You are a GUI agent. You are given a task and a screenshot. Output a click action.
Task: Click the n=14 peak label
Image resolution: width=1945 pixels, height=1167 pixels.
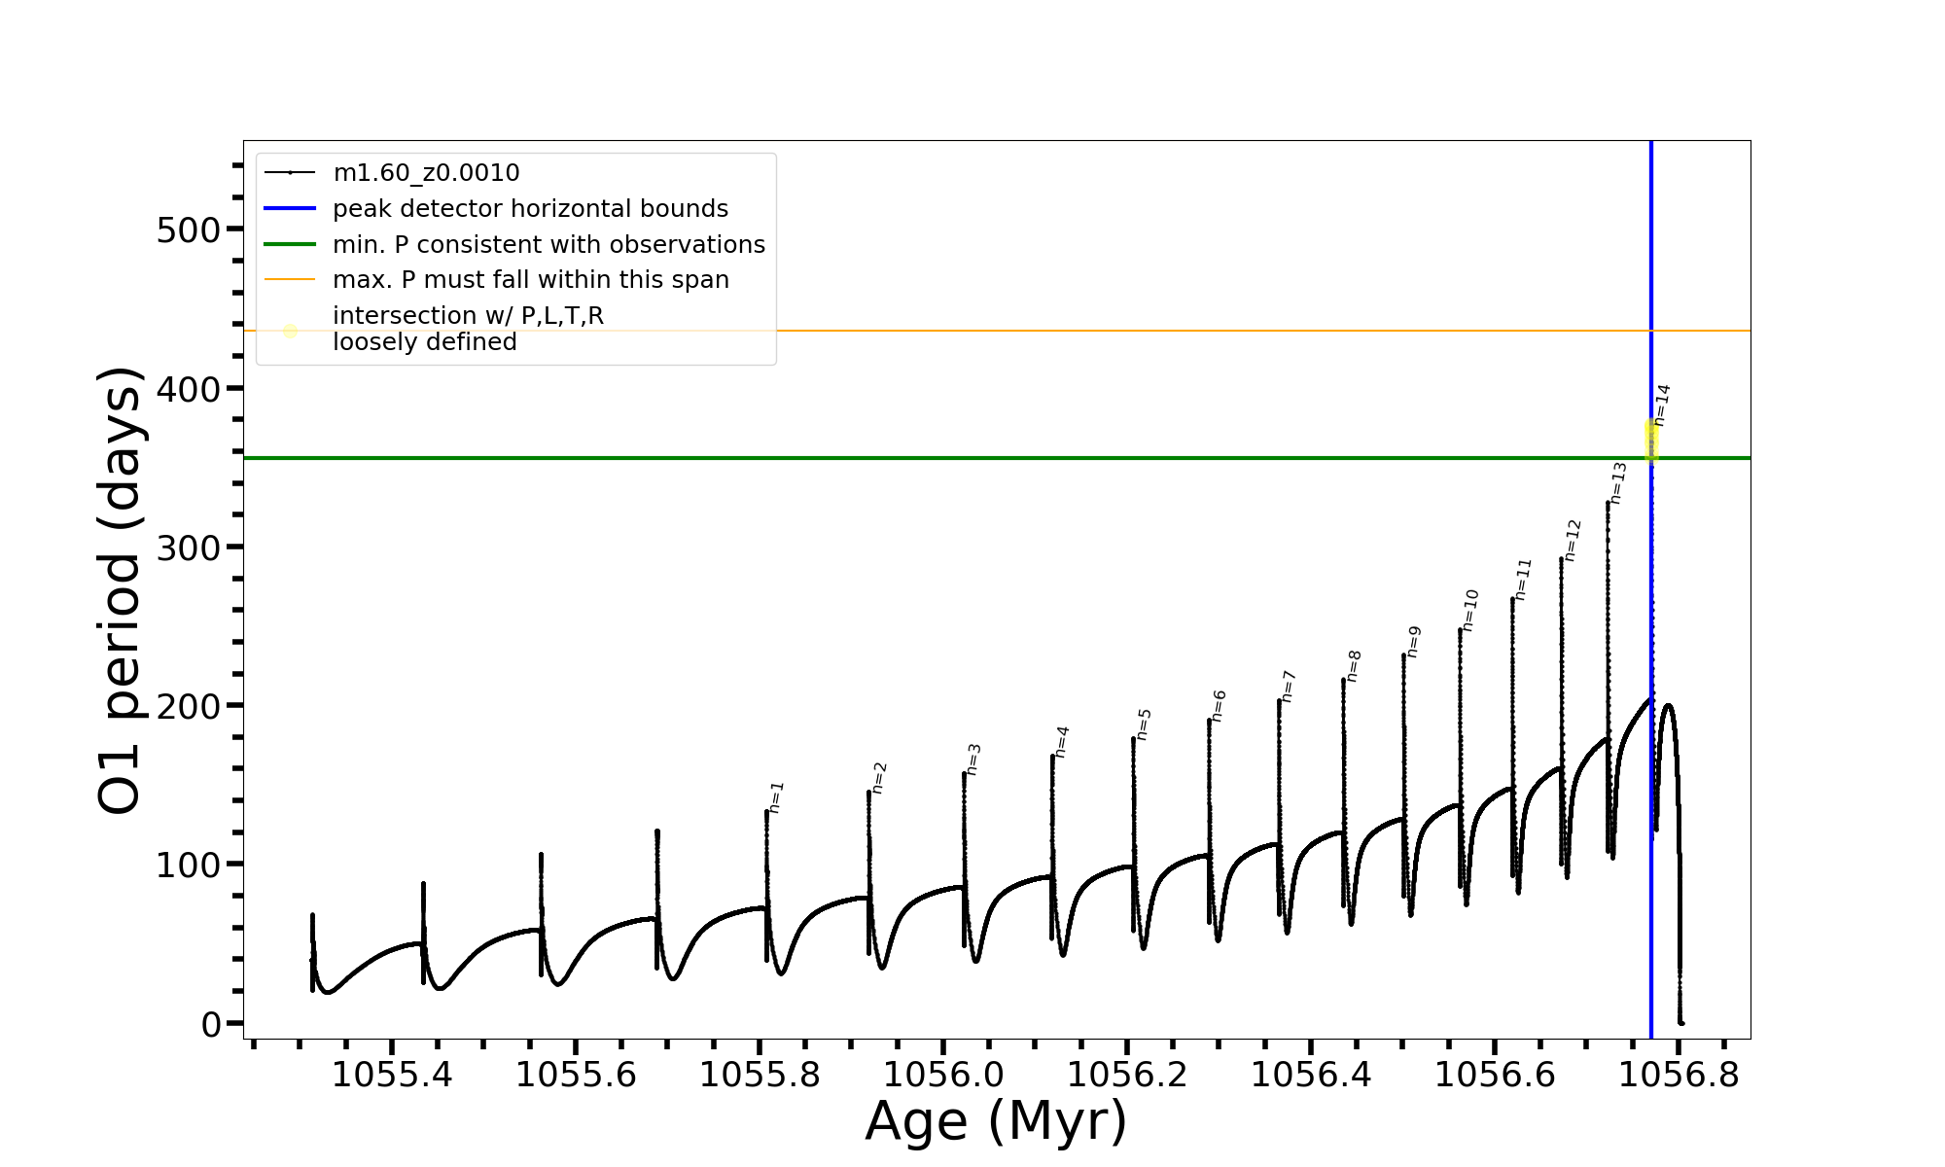pos(1662,405)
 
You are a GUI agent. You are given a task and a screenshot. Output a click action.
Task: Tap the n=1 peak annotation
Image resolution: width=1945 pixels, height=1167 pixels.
pos(775,796)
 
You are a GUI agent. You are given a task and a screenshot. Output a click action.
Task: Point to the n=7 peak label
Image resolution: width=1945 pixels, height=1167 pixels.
pos(1288,686)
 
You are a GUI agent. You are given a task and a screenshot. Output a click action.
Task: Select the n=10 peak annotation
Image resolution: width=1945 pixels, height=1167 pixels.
pos(1469,610)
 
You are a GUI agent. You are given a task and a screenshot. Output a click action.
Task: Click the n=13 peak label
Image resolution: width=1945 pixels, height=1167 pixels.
pos(1617,482)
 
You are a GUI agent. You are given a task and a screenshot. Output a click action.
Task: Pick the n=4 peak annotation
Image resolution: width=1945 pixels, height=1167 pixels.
pos(1061,741)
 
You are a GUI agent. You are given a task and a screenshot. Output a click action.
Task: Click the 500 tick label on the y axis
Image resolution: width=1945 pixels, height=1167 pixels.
pos(189,230)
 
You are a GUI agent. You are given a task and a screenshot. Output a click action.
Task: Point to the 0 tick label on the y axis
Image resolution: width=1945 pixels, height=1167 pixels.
pos(212,1024)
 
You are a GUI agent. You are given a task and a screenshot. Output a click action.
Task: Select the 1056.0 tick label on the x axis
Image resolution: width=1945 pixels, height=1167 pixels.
pos(944,1076)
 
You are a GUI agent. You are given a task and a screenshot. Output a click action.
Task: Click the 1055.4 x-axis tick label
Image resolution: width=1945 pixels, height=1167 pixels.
pos(392,1076)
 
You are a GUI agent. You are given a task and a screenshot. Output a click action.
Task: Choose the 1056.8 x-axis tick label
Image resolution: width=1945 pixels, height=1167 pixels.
pos(1680,1076)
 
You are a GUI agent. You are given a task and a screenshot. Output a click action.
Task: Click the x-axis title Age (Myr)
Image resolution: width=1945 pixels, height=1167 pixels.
pos(996,1121)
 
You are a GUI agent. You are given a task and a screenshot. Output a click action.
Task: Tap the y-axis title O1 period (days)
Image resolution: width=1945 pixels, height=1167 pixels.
pos(121,590)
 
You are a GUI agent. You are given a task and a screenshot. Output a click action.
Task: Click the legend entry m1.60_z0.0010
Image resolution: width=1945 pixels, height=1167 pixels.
pos(426,173)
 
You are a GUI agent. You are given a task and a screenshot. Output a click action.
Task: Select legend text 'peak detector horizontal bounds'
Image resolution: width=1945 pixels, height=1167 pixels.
pos(530,209)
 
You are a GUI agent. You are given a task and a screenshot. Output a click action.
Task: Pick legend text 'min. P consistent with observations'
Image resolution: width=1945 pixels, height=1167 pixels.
pos(548,245)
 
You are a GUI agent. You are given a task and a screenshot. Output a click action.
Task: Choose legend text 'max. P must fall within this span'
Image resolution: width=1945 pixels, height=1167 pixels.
pos(530,280)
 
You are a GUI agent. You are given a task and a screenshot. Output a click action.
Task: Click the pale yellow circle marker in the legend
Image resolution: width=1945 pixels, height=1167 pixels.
pos(290,331)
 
